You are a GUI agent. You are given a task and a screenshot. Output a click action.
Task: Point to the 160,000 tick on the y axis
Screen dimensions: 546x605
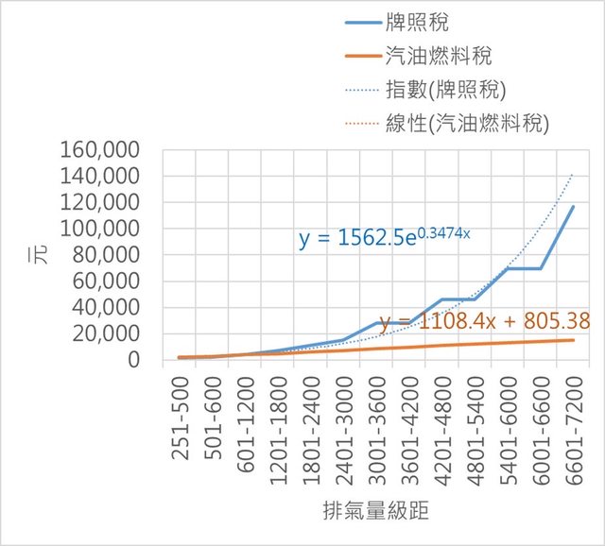(x=99, y=150)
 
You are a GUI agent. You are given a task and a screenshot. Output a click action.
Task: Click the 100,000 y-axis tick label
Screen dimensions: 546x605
(x=99, y=229)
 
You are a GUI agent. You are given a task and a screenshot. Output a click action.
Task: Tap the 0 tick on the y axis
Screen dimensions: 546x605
(x=131, y=360)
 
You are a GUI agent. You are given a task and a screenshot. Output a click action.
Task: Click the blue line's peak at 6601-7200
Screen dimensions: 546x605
(x=573, y=207)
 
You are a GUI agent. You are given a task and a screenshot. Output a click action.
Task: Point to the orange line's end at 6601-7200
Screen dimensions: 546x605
(x=573, y=340)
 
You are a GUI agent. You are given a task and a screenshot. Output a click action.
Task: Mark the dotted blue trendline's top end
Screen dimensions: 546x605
(x=573, y=175)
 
